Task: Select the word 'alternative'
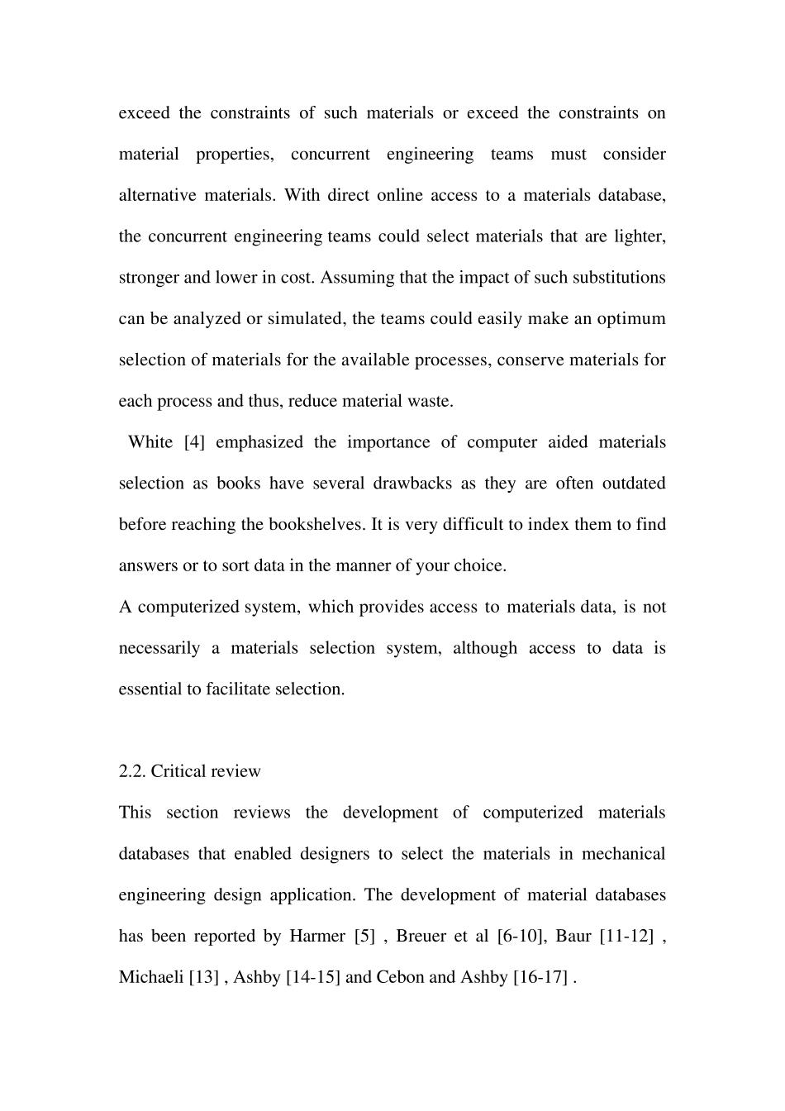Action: tap(157, 196)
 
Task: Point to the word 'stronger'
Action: tap(149, 278)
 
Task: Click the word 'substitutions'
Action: tap(616, 278)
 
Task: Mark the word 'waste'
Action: tap(431, 402)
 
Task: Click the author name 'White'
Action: tap(150, 442)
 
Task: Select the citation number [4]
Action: tap(194, 442)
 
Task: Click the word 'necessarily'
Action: tap(159, 648)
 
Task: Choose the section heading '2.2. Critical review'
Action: tap(189, 771)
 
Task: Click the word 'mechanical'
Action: tap(624, 854)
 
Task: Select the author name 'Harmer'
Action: tap(317, 937)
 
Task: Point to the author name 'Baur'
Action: tap(573, 937)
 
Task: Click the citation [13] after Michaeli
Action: tap(204, 978)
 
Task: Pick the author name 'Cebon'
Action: tap(401, 978)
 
